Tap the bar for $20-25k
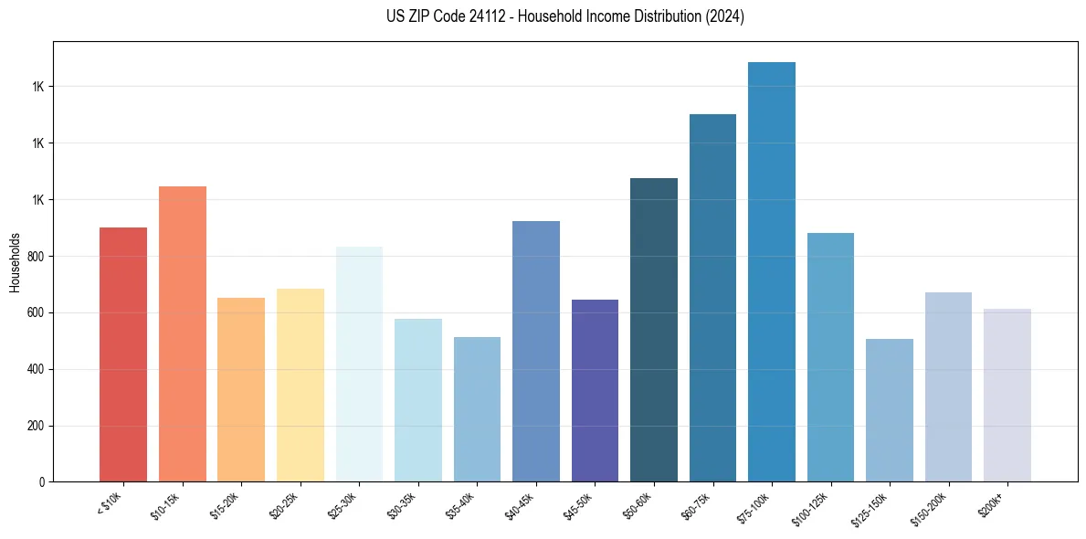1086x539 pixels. tap(300, 385)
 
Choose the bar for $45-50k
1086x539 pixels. tap(595, 390)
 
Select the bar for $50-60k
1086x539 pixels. tap(654, 330)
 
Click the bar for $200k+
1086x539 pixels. tap(1007, 395)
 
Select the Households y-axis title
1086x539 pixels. tap(15, 262)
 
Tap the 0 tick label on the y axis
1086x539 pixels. tap(42, 482)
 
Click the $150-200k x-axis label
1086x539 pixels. tap(932, 508)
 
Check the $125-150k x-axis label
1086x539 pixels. tap(872, 508)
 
